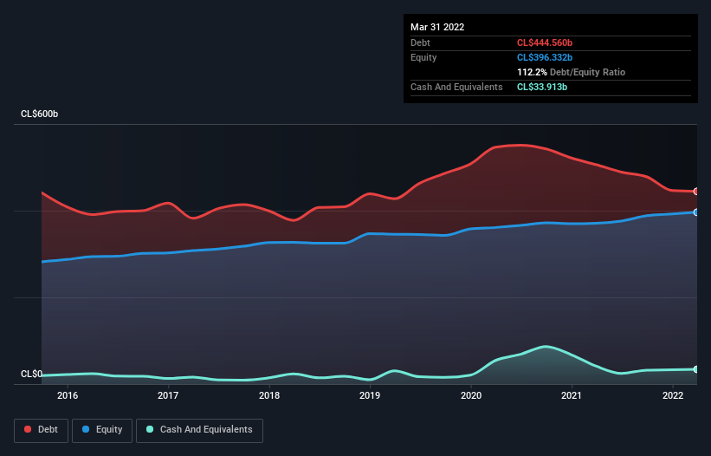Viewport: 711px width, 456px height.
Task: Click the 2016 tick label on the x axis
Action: point(68,395)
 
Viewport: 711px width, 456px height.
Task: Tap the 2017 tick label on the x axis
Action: point(168,395)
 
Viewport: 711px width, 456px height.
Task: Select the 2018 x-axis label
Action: point(269,395)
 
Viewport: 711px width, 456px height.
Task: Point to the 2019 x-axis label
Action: point(370,395)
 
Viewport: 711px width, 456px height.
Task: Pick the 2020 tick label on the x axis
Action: point(471,395)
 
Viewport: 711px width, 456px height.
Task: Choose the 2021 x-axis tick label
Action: point(572,395)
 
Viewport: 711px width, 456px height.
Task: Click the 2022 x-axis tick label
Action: point(673,395)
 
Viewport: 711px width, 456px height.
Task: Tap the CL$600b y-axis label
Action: point(39,114)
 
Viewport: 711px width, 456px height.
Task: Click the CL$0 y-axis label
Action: point(31,375)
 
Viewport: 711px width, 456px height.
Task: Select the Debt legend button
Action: point(41,429)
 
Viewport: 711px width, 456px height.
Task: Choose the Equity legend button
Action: point(102,429)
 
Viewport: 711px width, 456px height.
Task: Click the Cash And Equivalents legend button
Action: point(199,429)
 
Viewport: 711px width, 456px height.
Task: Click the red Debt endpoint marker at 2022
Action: point(695,192)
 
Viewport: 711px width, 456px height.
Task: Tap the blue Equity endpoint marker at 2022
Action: point(695,212)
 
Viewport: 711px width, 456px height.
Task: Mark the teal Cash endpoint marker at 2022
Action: point(695,369)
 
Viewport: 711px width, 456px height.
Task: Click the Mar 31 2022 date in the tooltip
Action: point(437,27)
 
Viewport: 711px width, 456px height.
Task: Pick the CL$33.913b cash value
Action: point(546,87)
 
